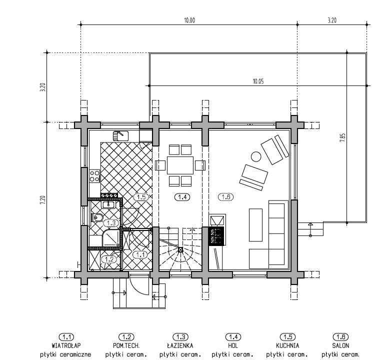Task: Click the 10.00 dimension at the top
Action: (189, 20)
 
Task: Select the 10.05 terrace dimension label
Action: (258, 81)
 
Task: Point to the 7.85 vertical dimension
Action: (342, 137)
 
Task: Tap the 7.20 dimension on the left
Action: (42, 199)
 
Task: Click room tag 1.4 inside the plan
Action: (182, 197)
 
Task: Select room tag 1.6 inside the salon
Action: (226, 197)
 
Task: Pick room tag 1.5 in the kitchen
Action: (141, 197)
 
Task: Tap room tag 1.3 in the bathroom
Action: (111, 223)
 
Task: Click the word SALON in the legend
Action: (340, 345)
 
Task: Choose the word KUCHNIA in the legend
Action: (287, 345)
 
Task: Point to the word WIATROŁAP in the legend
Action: (66, 345)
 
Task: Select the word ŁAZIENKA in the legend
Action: (180, 345)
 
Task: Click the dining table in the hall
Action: (180, 165)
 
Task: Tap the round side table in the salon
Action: (256, 156)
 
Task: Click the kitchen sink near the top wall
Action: (120, 135)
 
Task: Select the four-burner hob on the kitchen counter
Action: (94, 176)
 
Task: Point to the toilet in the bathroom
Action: (97, 217)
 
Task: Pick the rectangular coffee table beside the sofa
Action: (255, 225)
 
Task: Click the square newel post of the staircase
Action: (180, 249)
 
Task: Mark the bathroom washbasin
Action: (108, 204)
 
